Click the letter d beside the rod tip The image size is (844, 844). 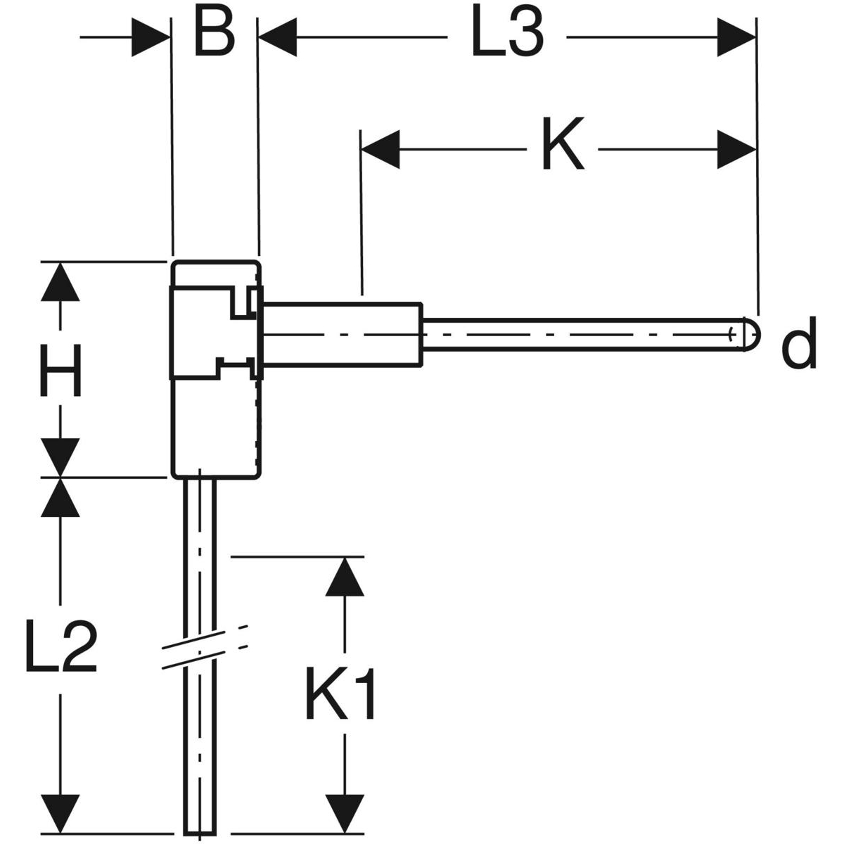(799, 343)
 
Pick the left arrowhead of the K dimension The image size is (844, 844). (381, 149)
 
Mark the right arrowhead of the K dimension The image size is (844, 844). (736, 149)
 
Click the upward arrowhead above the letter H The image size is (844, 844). (60, 282)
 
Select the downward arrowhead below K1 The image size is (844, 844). (345, 813)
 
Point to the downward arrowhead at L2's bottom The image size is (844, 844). (60, 813)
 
